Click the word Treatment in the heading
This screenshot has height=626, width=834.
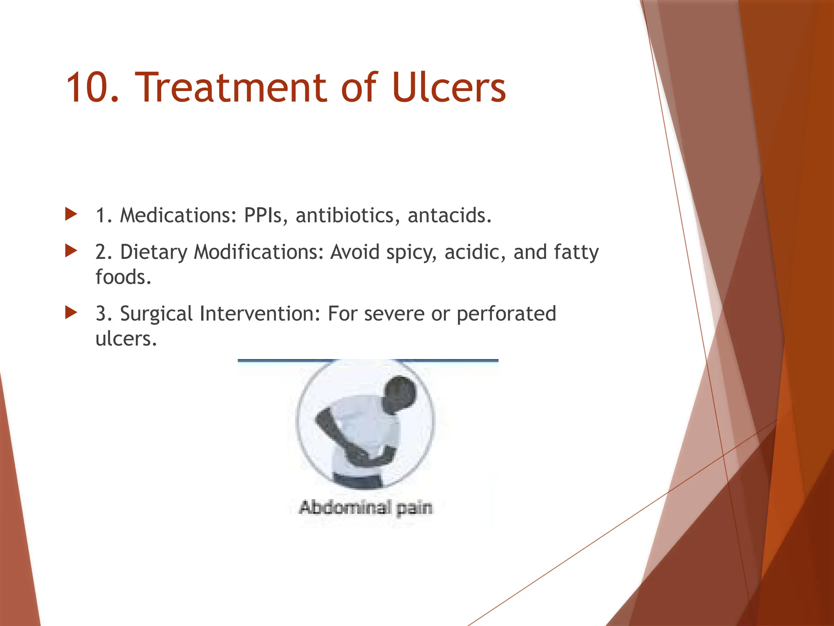click(x=230, y=88)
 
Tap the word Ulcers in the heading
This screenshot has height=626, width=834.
click(x=449, y=88)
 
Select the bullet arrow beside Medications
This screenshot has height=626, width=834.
click(x=71, y=214)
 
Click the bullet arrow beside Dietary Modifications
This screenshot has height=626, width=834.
click(x=71, y=251)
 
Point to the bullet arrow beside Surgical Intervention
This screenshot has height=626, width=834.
click(x=71, y=313)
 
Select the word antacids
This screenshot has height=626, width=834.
click(x=449, y=215)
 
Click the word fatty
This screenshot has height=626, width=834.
click(x=576, y=253)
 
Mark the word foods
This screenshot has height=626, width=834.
click(x=123, y=277)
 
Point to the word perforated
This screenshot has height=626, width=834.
click(x=506, y=314)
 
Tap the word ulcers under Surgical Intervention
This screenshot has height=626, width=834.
click(x=125, y=339)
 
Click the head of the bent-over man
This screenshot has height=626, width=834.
click(x=401, y=393)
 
